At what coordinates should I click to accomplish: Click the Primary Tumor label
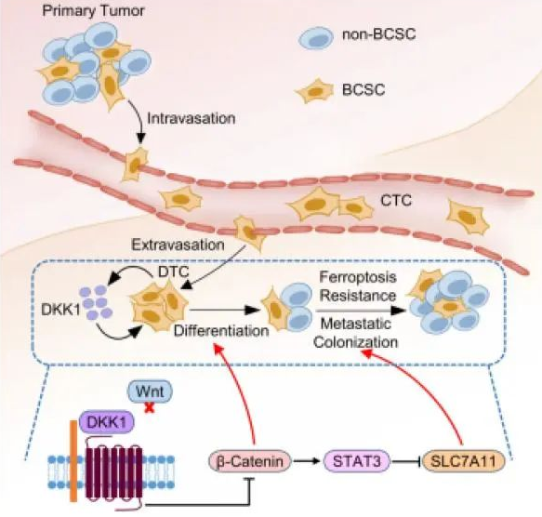93,11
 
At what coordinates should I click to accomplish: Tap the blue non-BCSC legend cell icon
316,37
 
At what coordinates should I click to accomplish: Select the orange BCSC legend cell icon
314,90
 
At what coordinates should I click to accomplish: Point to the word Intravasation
192,118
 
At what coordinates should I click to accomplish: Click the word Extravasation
178,245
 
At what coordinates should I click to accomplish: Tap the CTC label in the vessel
396,200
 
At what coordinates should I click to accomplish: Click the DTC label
174,272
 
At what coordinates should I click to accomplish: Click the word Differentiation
221,331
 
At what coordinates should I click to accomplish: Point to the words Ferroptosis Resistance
358,286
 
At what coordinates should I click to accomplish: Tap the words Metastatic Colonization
356,333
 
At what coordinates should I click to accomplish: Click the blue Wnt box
150,391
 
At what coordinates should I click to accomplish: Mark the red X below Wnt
150,408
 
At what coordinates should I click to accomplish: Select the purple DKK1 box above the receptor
107,422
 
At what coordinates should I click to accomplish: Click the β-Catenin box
249,461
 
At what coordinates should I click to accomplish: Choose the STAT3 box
357,461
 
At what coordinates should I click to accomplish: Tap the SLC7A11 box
464,461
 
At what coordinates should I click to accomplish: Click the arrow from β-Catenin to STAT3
307,461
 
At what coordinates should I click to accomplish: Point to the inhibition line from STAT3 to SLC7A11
406,461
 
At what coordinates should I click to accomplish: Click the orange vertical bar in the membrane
73,461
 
